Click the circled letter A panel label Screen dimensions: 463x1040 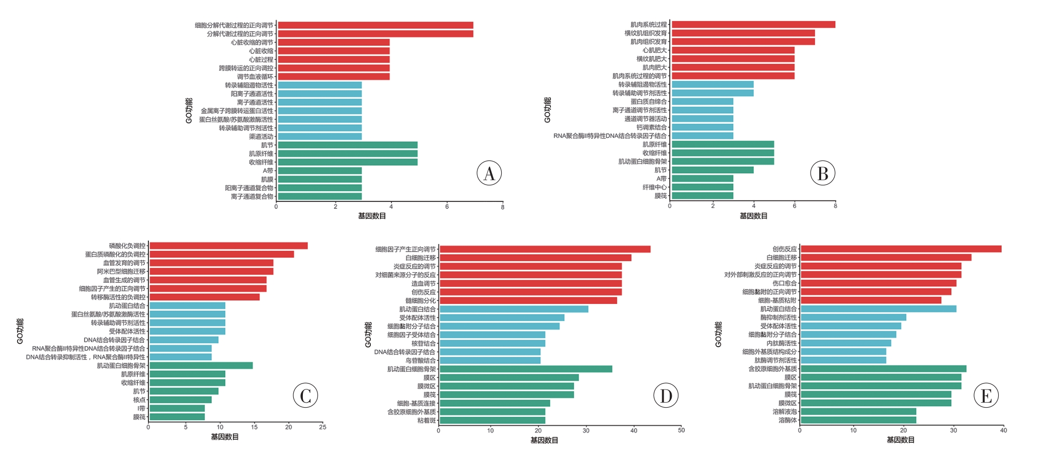[x=489, y=173]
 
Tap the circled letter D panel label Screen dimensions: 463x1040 [x=666, y=396]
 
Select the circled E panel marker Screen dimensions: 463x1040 [x=986, y=396]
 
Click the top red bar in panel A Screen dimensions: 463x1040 [x=375, y=25]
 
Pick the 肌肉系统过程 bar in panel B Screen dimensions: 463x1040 [x=753, y=24]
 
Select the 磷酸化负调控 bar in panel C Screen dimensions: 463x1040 [x=228, y=246]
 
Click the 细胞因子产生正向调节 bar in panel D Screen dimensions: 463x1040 [x=545, y=249]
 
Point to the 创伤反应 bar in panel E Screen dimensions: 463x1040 [x=901, y=249]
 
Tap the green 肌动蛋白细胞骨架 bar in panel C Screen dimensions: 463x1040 [x=201, y=365]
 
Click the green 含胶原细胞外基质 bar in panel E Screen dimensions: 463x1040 [x=883, y=369]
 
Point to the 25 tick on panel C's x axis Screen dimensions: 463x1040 [x=323, y=427]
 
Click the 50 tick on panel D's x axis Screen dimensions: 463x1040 [x=681, y=430]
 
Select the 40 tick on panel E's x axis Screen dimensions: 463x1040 [x=1003, y=430]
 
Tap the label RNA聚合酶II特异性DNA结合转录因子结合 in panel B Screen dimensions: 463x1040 [x=610, y=136]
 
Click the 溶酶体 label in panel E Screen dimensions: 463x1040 [x=787, y=420]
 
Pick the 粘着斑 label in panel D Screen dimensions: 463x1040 [x=427, y=421]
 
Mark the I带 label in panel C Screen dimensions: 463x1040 [x=141, y=408]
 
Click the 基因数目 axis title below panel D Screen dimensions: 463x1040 [x=544, y=440]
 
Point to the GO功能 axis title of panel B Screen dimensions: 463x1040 [x=547, y=110]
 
